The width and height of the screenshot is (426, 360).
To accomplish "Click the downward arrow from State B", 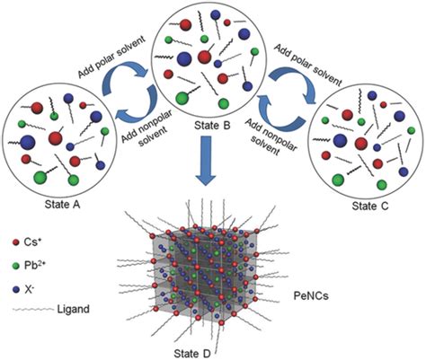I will [x=213, y=174].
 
